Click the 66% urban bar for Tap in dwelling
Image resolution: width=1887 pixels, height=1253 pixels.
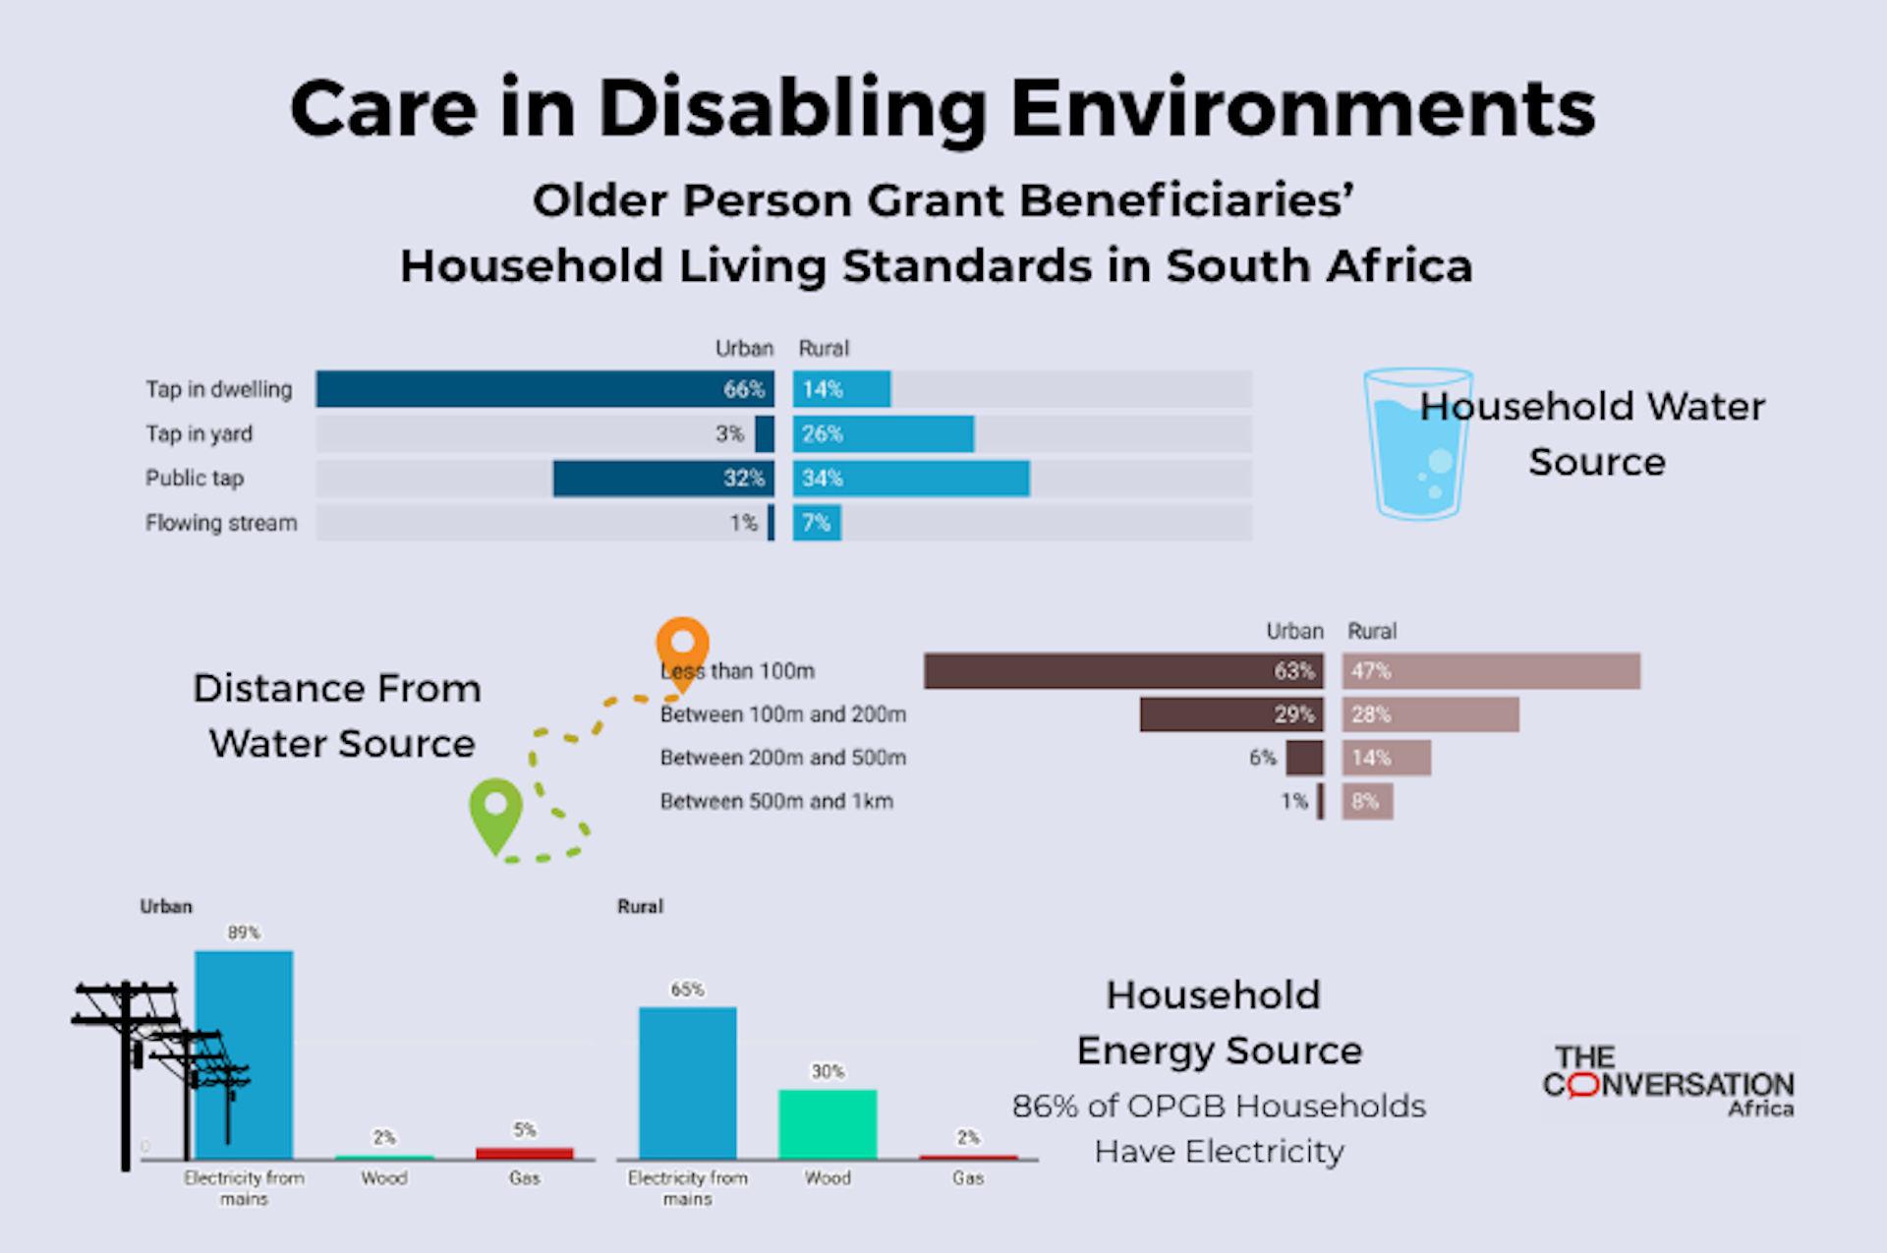click(x=544, y=389)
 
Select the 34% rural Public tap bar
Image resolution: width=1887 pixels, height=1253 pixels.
click(x=911, y=479)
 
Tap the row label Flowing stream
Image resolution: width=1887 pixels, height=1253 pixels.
click(x=221, y=523)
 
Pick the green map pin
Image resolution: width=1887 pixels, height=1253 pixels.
click(x=495, y=812)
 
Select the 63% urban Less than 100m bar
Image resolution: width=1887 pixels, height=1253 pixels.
click(x=1123, y=671)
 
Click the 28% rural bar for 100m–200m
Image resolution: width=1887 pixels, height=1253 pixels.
click(x=1431, y=714)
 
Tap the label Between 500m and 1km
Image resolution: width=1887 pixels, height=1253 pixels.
click(x=776, y=801)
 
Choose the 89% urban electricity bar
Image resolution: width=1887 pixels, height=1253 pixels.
click(x=244, y=1054)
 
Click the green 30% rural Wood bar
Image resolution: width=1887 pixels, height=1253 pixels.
click(x=828, y=1123)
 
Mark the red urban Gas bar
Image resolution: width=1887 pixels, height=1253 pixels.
click(x=524, y=1153)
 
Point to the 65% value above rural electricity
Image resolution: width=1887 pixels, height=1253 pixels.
click(x=687, y=990)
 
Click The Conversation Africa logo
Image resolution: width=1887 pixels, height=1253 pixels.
click(x=1668, y=1082)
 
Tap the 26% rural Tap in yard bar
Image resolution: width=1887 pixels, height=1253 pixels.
click(x=884, y=434)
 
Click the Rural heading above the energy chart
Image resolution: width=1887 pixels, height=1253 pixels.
click(x=640, y=906)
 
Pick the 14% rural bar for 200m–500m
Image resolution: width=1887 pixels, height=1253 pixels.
click(x=1387, y=758)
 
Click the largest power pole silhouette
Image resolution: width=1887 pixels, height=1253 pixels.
click(x=126, y=1071)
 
